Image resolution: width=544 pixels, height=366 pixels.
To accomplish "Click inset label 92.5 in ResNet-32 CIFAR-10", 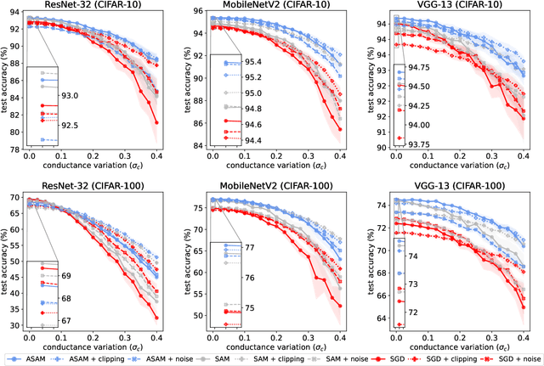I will (x=70, y=126).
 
